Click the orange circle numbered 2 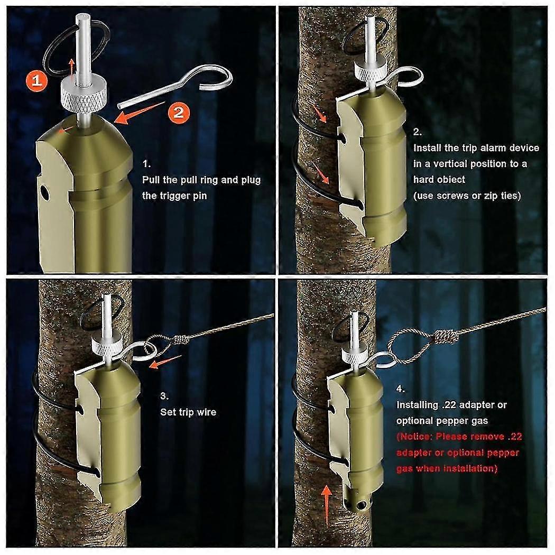pyautogui.click(x=178, y=112)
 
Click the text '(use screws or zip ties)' pyautogui.click(x=467, y=196)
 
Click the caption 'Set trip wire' pyautogui.click(x=188, y=412)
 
